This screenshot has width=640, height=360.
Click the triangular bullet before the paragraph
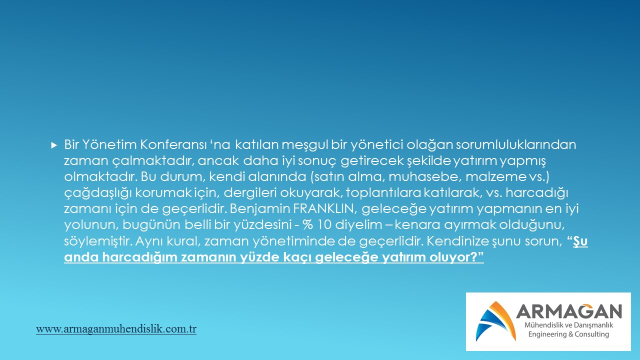(54, 145)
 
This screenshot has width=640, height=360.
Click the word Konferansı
(173, 145)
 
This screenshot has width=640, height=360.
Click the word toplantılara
(383, 193)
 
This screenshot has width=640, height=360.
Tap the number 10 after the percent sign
(324, 225)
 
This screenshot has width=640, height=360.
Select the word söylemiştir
(97, 241)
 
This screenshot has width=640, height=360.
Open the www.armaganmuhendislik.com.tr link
(116, 329)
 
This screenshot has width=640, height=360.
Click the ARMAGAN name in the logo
(569, 311)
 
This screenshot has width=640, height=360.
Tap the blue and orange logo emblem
(495, 321)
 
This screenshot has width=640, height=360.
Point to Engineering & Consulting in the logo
(568, 334)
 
